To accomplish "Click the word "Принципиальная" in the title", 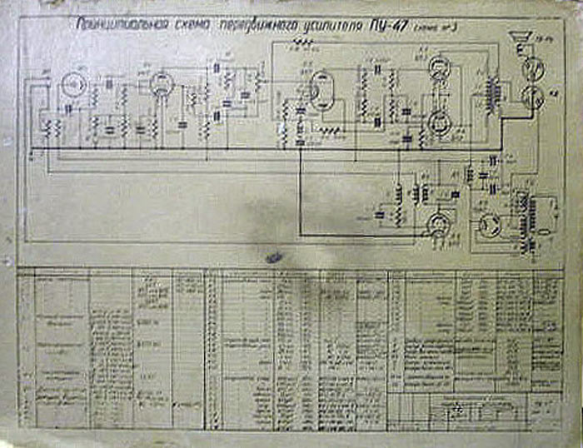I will (120, 27).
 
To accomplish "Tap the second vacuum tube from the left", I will (160, 83).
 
